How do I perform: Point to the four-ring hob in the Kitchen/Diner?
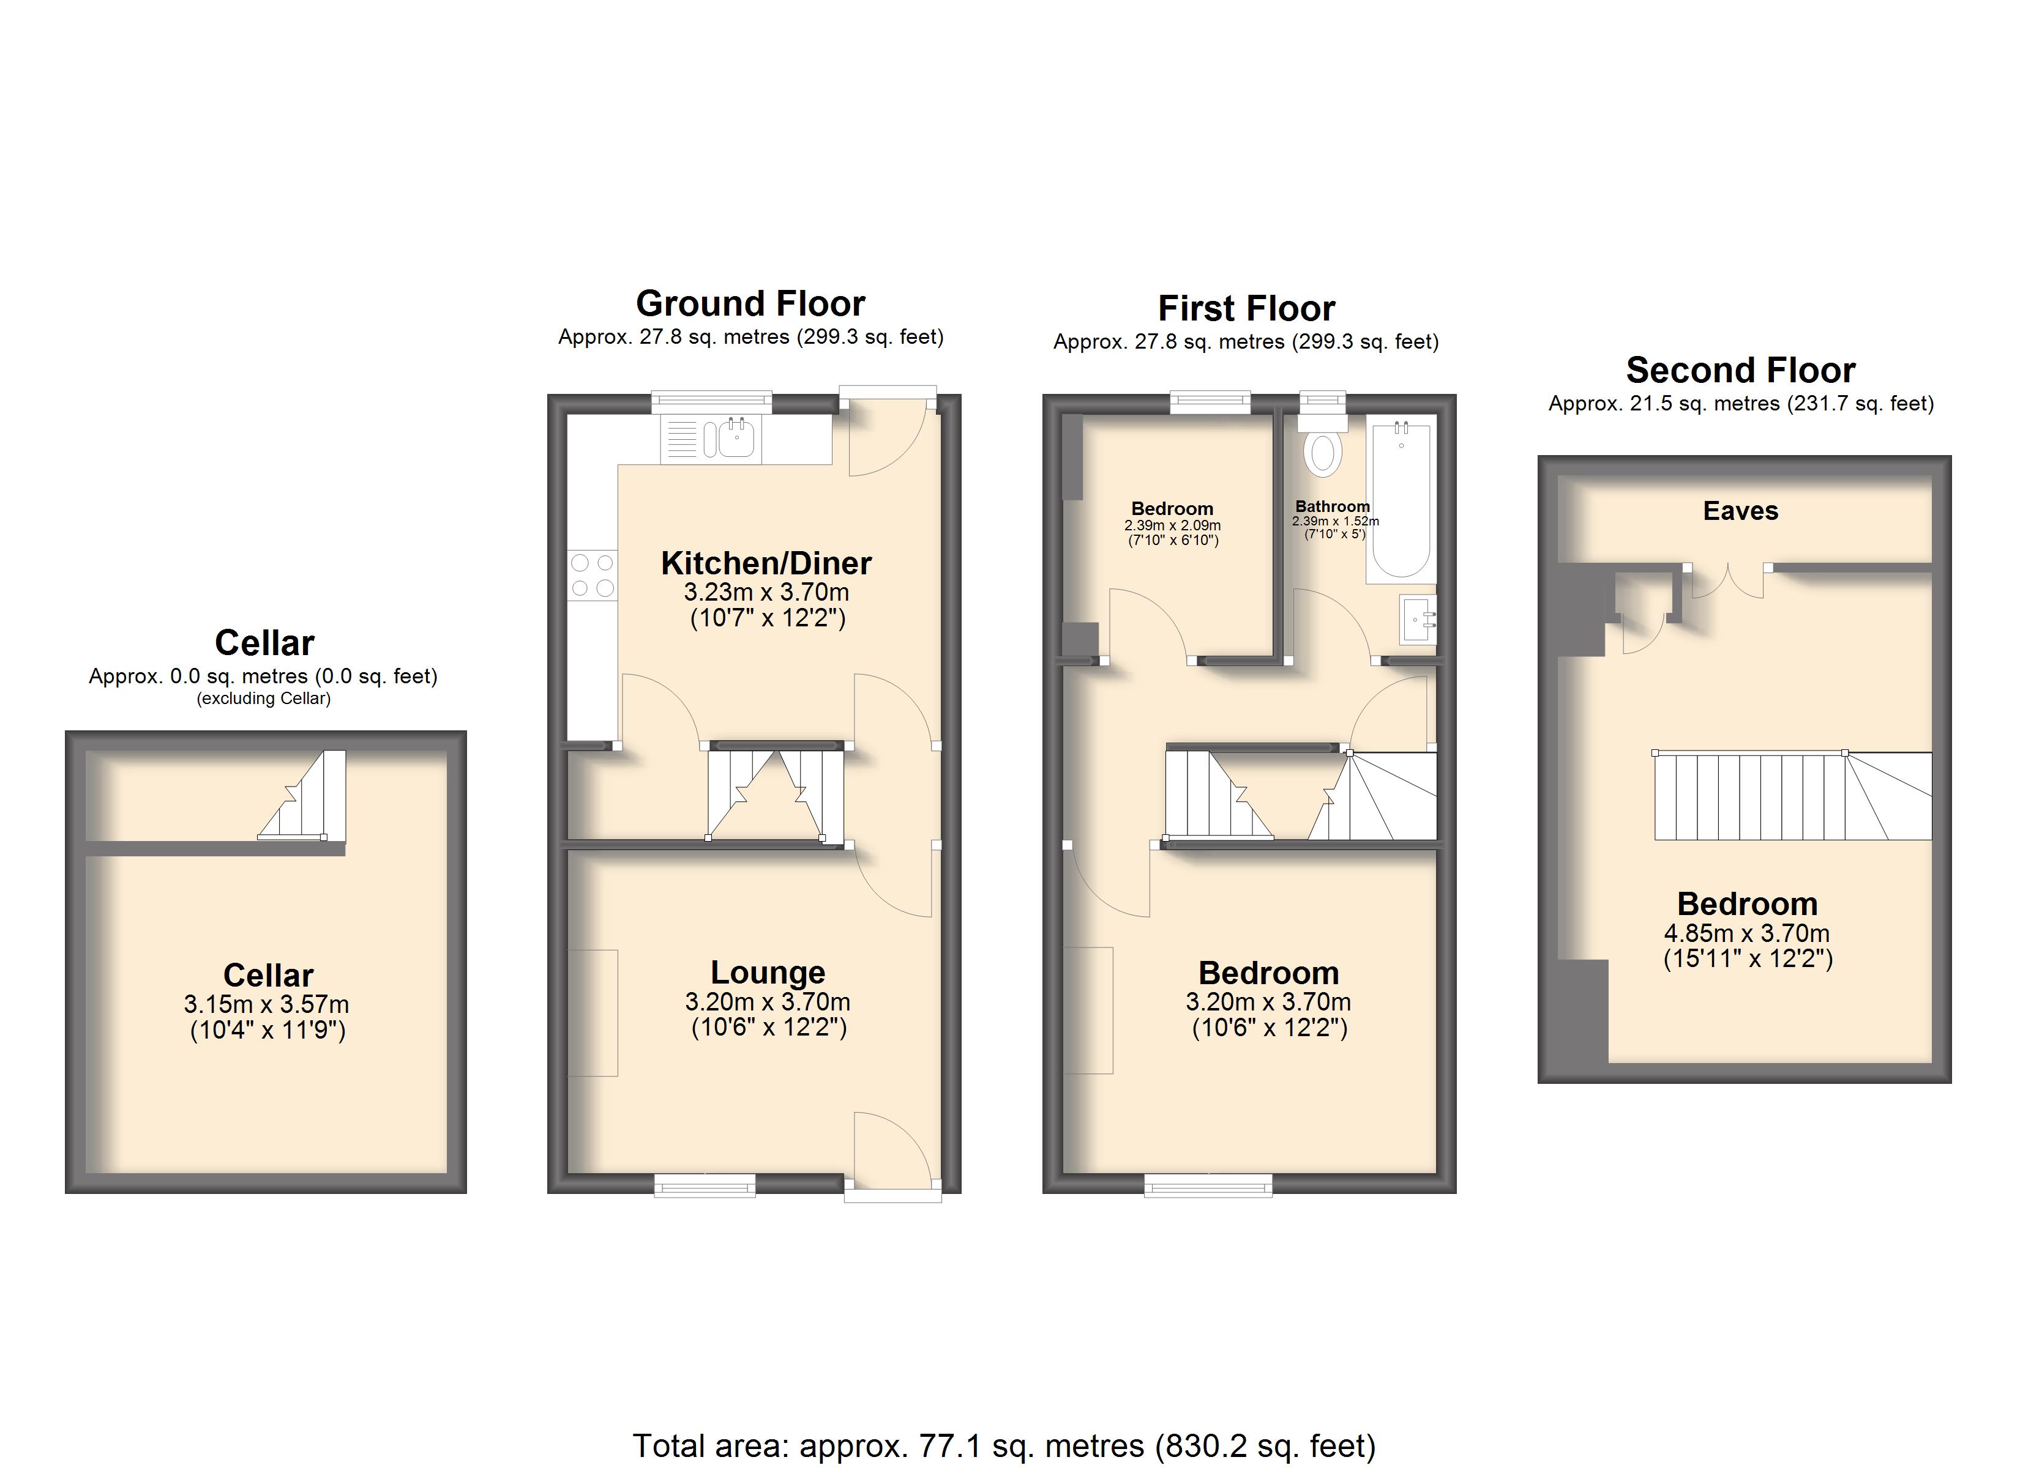click(x=593, y=575)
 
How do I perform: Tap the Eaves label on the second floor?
click(x=1740, y=511)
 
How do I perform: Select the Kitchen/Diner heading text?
click(x=766, y=563)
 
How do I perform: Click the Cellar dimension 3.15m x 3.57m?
click(x=266, y=1004)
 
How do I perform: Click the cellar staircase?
click(x=303, y=795)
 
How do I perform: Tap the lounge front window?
click(x=705, y=1185)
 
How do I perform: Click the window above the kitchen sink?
click(x=712, y=402)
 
